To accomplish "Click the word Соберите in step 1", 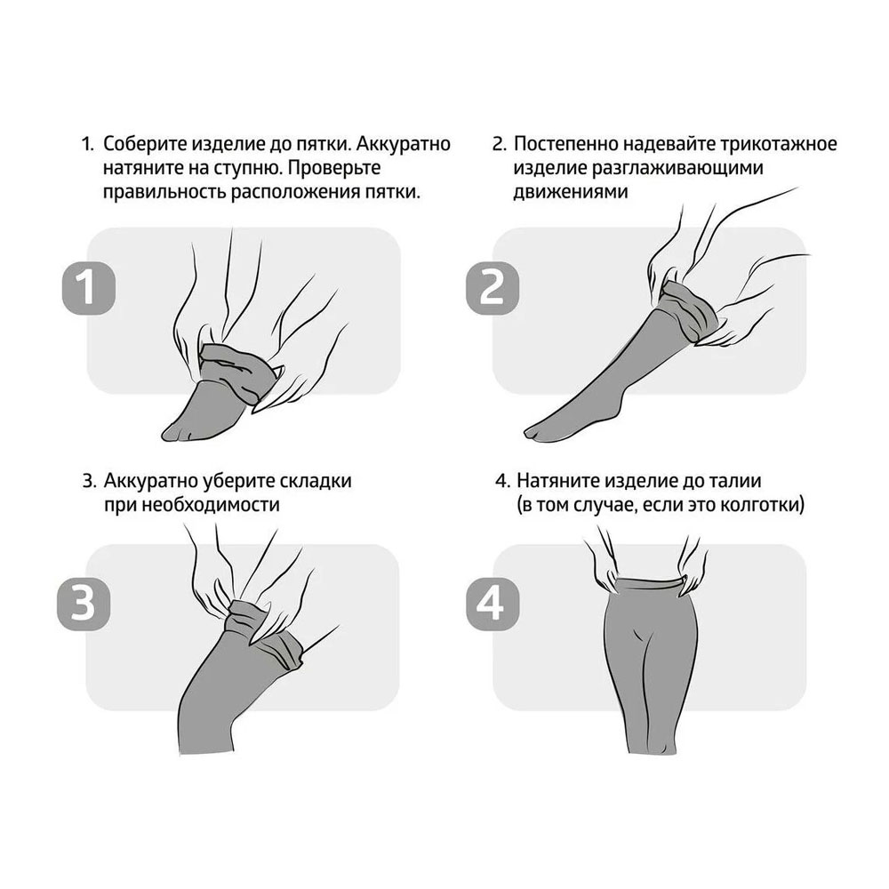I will coord(144,144).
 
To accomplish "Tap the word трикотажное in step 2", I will coord(781,144).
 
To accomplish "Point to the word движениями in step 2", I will coord(563,192).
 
